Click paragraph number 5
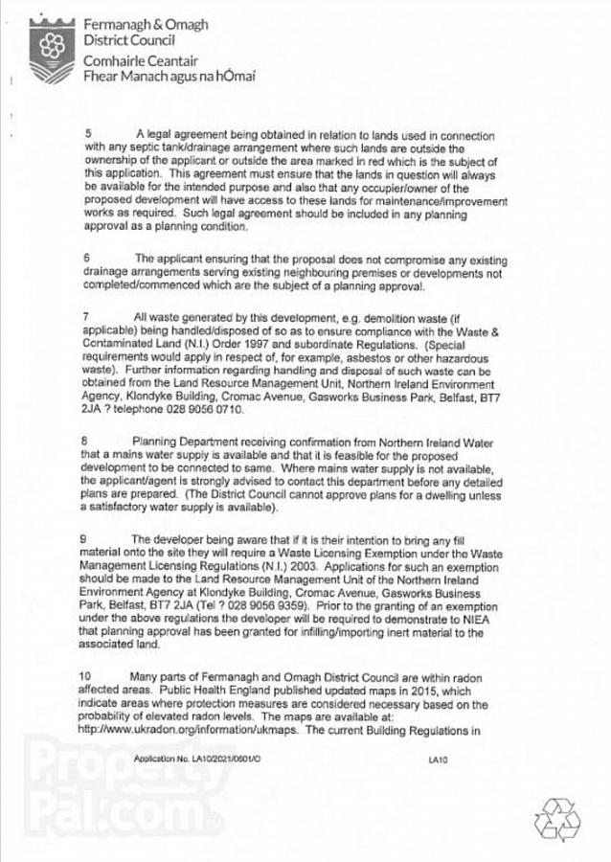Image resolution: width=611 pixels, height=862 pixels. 86,133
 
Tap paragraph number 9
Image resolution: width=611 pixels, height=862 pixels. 86,539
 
